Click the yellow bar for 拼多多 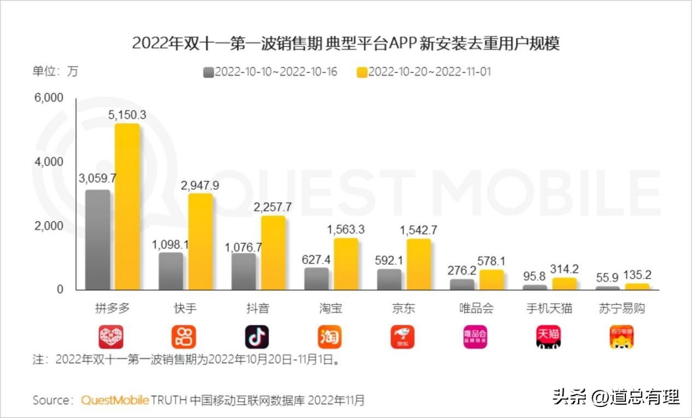(x=127, y=207)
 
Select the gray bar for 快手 (x=171, y=271)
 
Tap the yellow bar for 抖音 (x=273, y=253)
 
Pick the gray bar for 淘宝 (x=316, y=278)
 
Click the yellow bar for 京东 (x=418, y=264)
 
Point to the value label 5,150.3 (x=127, y=115)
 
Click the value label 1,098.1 (x=171, y=245)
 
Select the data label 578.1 (x=492, y=262)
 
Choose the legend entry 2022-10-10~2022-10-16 (x=270, y=72)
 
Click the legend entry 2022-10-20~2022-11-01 (x=423, y=72)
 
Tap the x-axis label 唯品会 (x=476, y=309)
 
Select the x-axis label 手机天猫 (x=549, y=309)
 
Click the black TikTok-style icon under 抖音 (x=257, y=337)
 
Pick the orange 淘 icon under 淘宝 (x=329, y=337)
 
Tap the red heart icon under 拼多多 (x=111, y=337)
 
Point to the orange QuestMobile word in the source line (x=115, y=400)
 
